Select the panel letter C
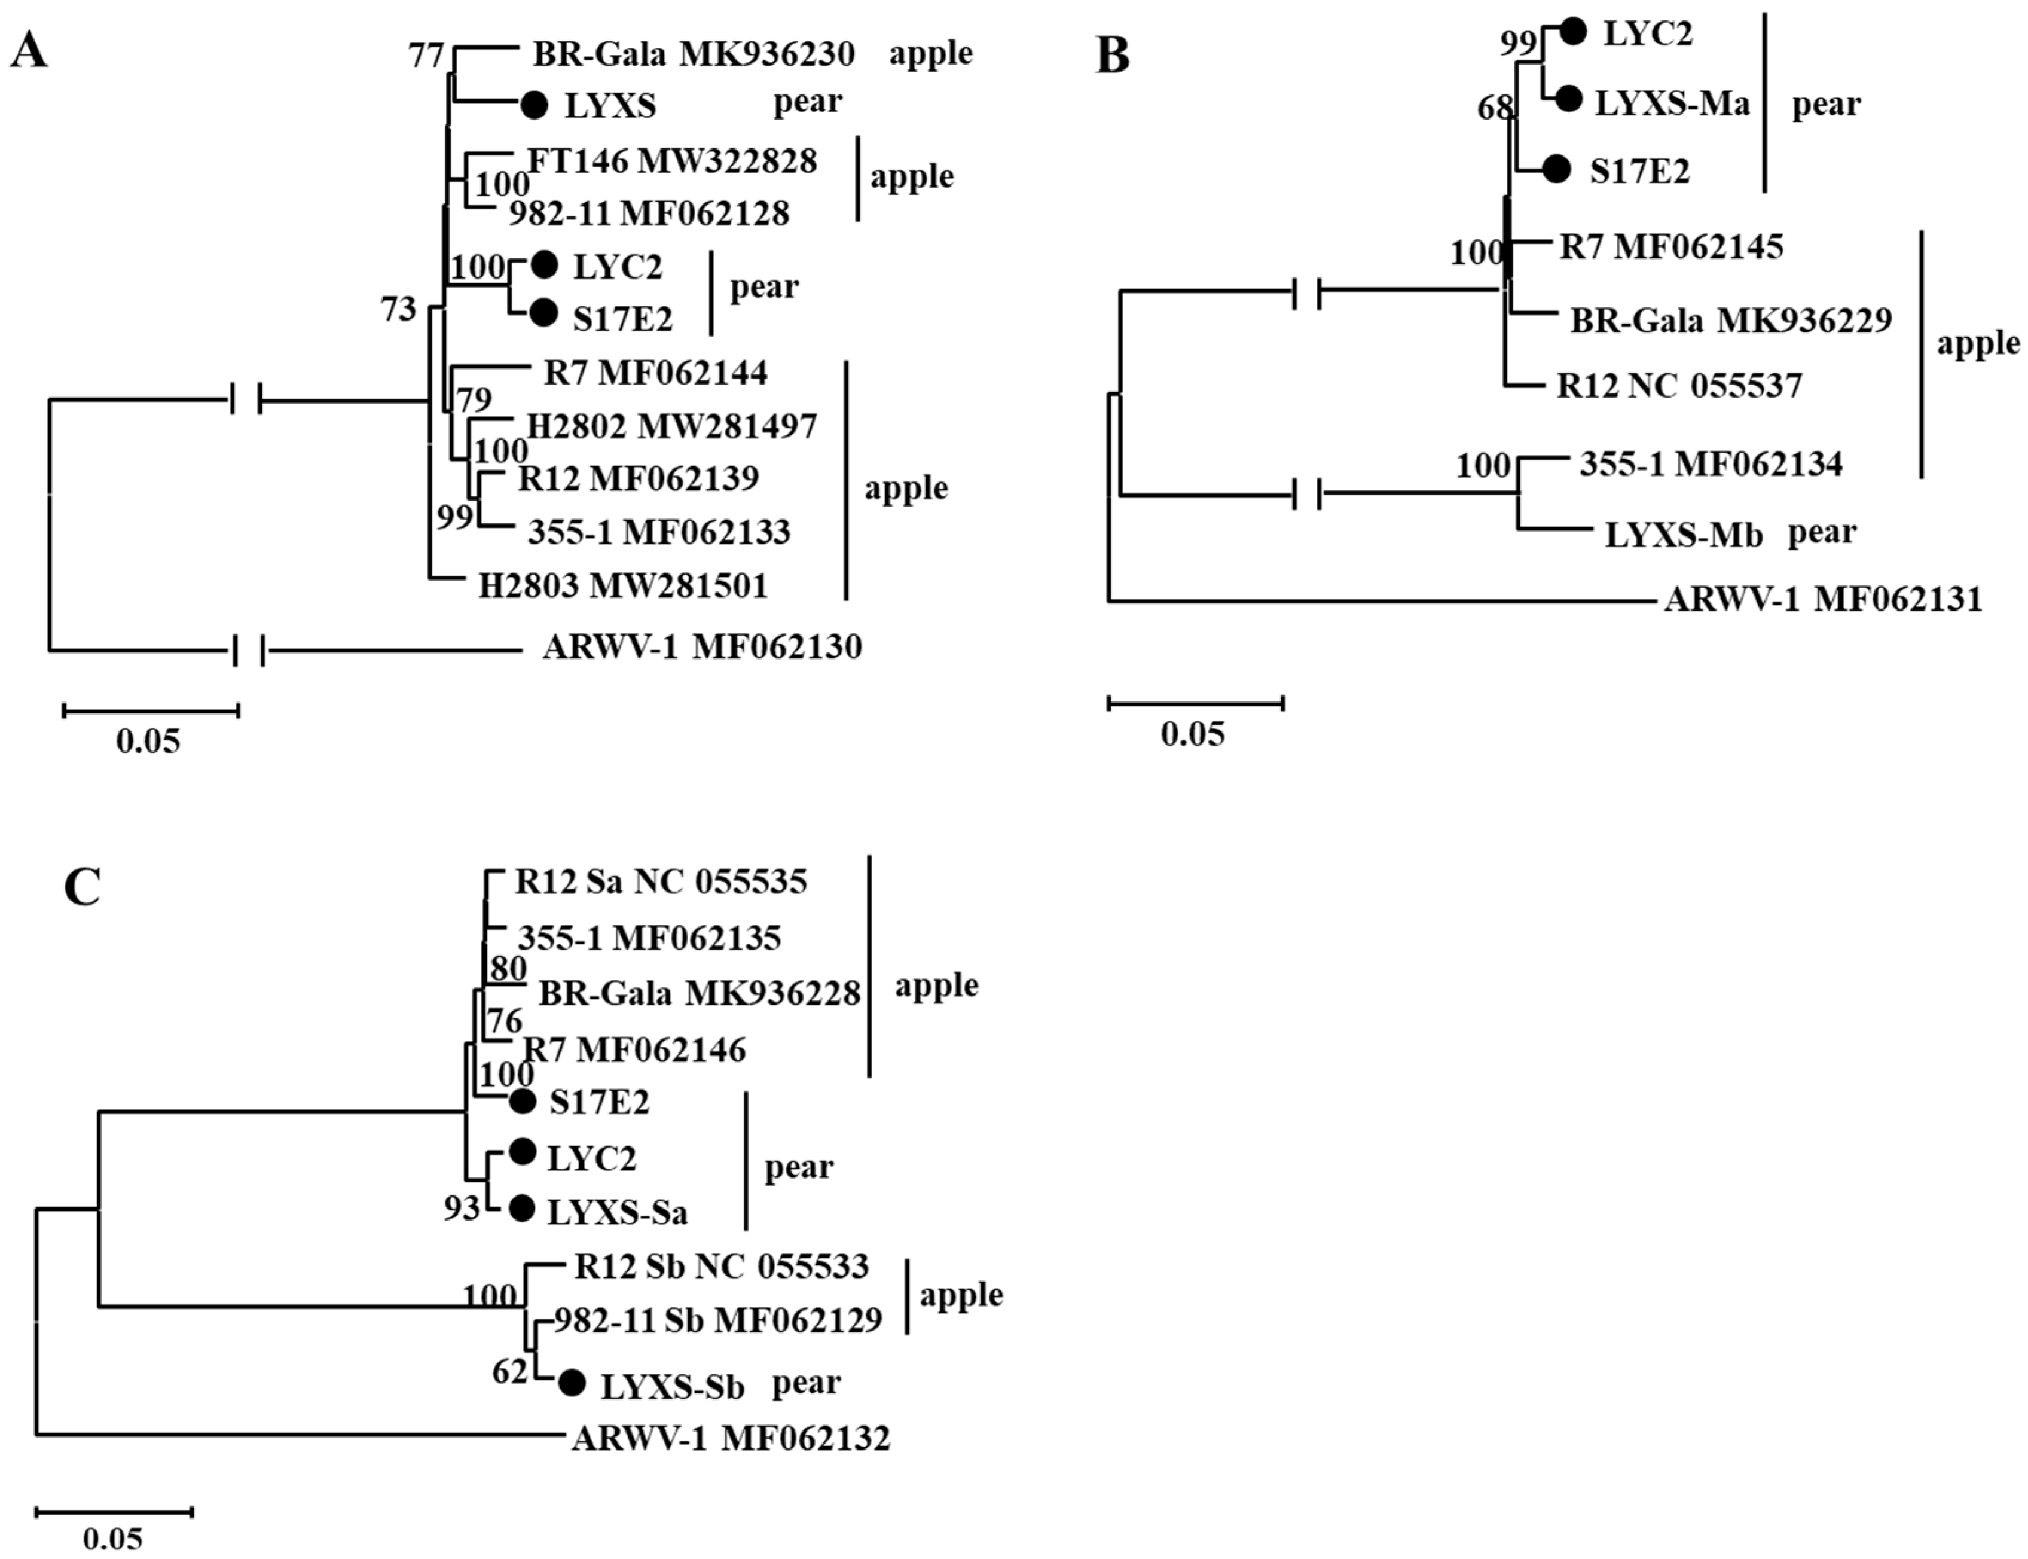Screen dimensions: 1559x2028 (x=82, y=887)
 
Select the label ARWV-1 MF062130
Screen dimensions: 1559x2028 (x=701, y=647)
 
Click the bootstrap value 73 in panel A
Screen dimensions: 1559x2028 (x=399, y=309)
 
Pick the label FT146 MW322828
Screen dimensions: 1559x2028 (x=673, y=161)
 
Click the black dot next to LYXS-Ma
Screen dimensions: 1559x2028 (x=1569, y=98)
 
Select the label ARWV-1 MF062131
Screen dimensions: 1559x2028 (x=1823, y=599)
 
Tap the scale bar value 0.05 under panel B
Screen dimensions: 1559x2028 (x=1193, y=734)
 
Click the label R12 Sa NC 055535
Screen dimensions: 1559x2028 (x=661, y=881)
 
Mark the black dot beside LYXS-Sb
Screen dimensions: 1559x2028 (x=572, y=1383)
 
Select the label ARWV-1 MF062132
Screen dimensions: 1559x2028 (x=731, y=1438)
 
